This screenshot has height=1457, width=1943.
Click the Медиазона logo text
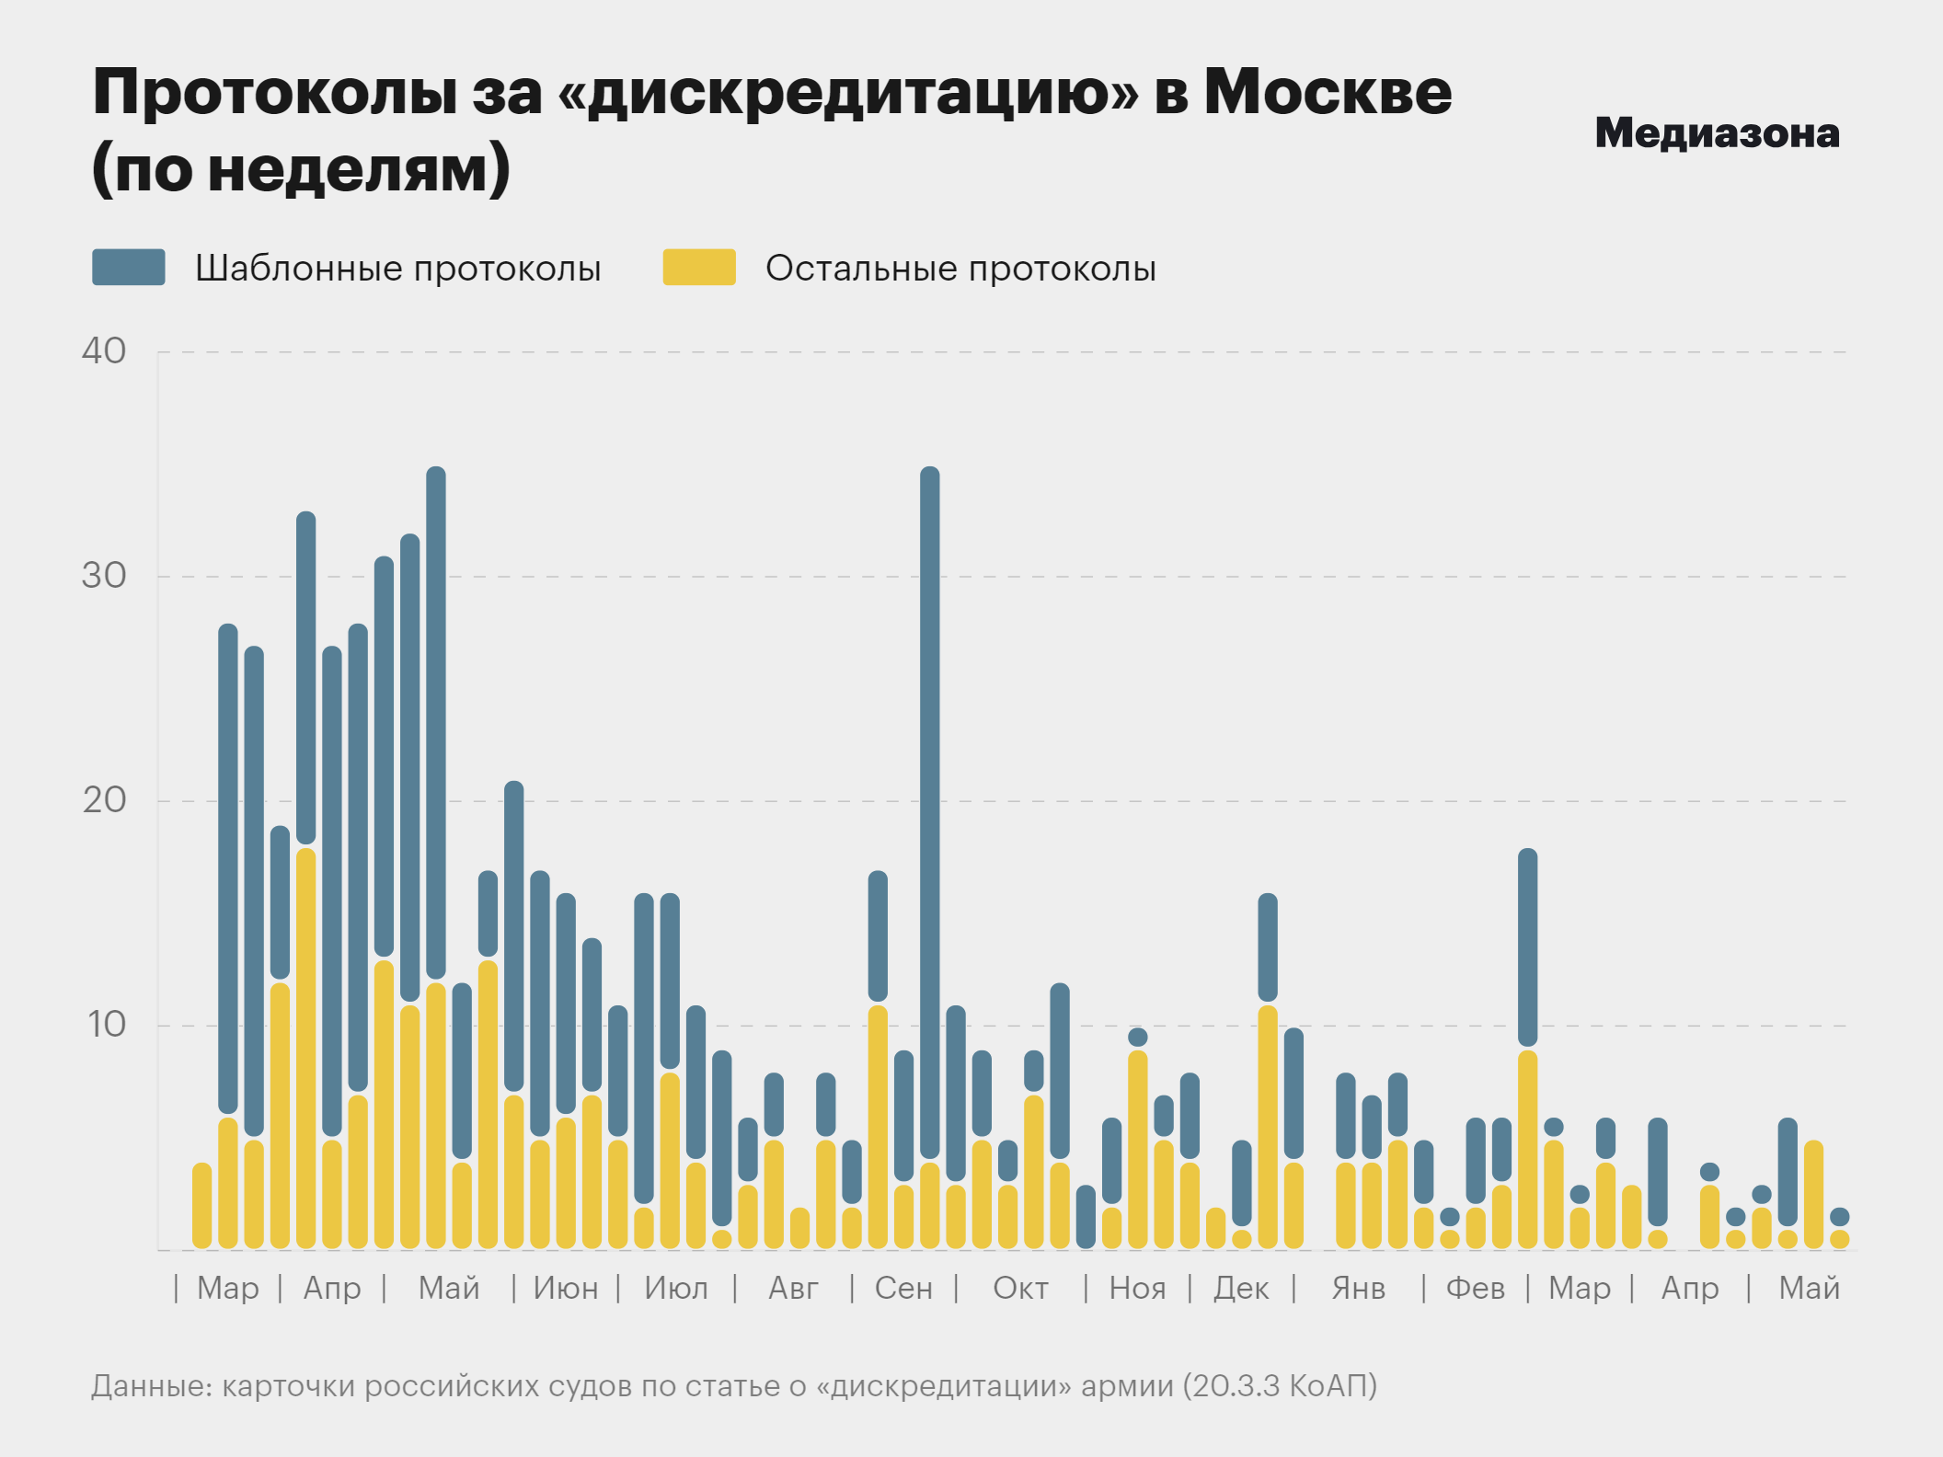1717,133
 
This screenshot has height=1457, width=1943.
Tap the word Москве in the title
1328,92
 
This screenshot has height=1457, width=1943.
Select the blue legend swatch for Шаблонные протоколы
129,268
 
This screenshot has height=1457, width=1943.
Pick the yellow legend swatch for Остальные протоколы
699,268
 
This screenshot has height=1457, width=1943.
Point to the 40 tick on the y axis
104,351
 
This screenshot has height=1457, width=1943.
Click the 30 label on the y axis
104,576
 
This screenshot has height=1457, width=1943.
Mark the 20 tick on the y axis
104,800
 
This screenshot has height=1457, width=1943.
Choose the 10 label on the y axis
106,1025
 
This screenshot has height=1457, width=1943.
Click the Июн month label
566,1289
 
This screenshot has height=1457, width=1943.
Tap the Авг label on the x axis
793,1289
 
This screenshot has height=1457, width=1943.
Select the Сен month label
903,1289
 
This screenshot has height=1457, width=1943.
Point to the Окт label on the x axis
1020,1289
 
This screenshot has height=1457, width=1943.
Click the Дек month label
1241,1289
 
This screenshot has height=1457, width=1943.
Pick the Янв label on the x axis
1358,1289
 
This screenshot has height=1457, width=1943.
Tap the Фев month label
1476,1289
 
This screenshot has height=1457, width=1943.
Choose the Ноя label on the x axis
1137,1289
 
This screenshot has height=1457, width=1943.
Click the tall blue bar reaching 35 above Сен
930,809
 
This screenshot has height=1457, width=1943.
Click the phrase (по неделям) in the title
301,168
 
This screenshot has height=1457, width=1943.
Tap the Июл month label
676,1289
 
